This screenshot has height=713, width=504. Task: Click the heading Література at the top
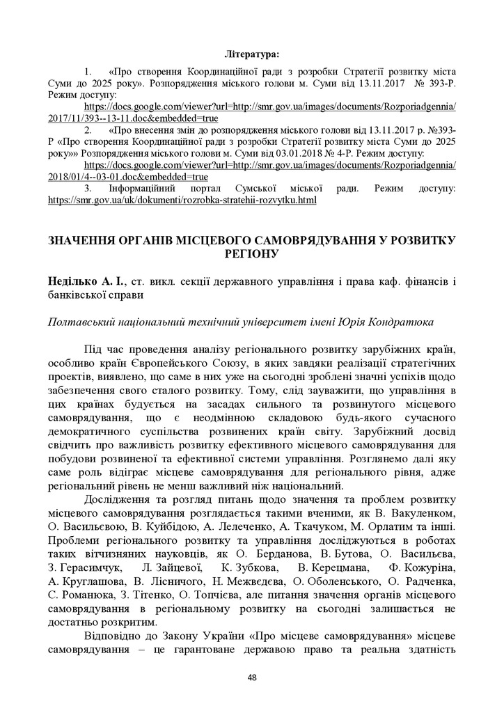(251, 53)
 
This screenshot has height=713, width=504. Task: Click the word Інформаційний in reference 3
(143, 188)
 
